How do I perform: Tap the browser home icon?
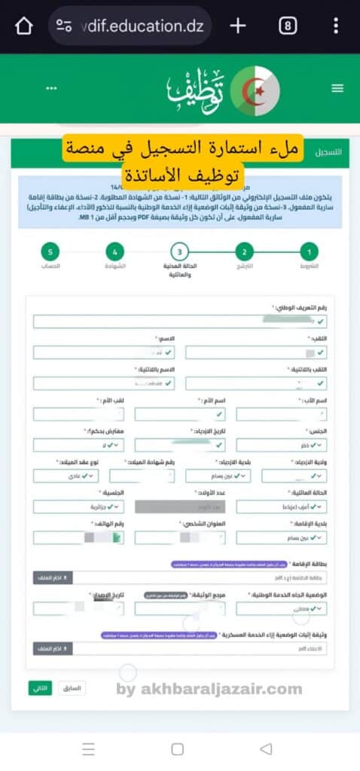tap(23, 26)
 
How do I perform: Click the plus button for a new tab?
tap(237, 26)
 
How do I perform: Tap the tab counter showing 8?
tap(287, 26)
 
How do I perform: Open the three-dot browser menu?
tap(336, 26)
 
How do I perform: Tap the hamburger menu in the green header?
tap(337, 88)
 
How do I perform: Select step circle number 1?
tap(308, 251)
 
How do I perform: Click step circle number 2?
tap(243, 251)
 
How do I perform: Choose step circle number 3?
tap(178, 251)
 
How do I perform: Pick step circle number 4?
tap(114, 251)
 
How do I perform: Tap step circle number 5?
tap(50, 251)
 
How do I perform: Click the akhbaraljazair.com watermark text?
tap(209, 688)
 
